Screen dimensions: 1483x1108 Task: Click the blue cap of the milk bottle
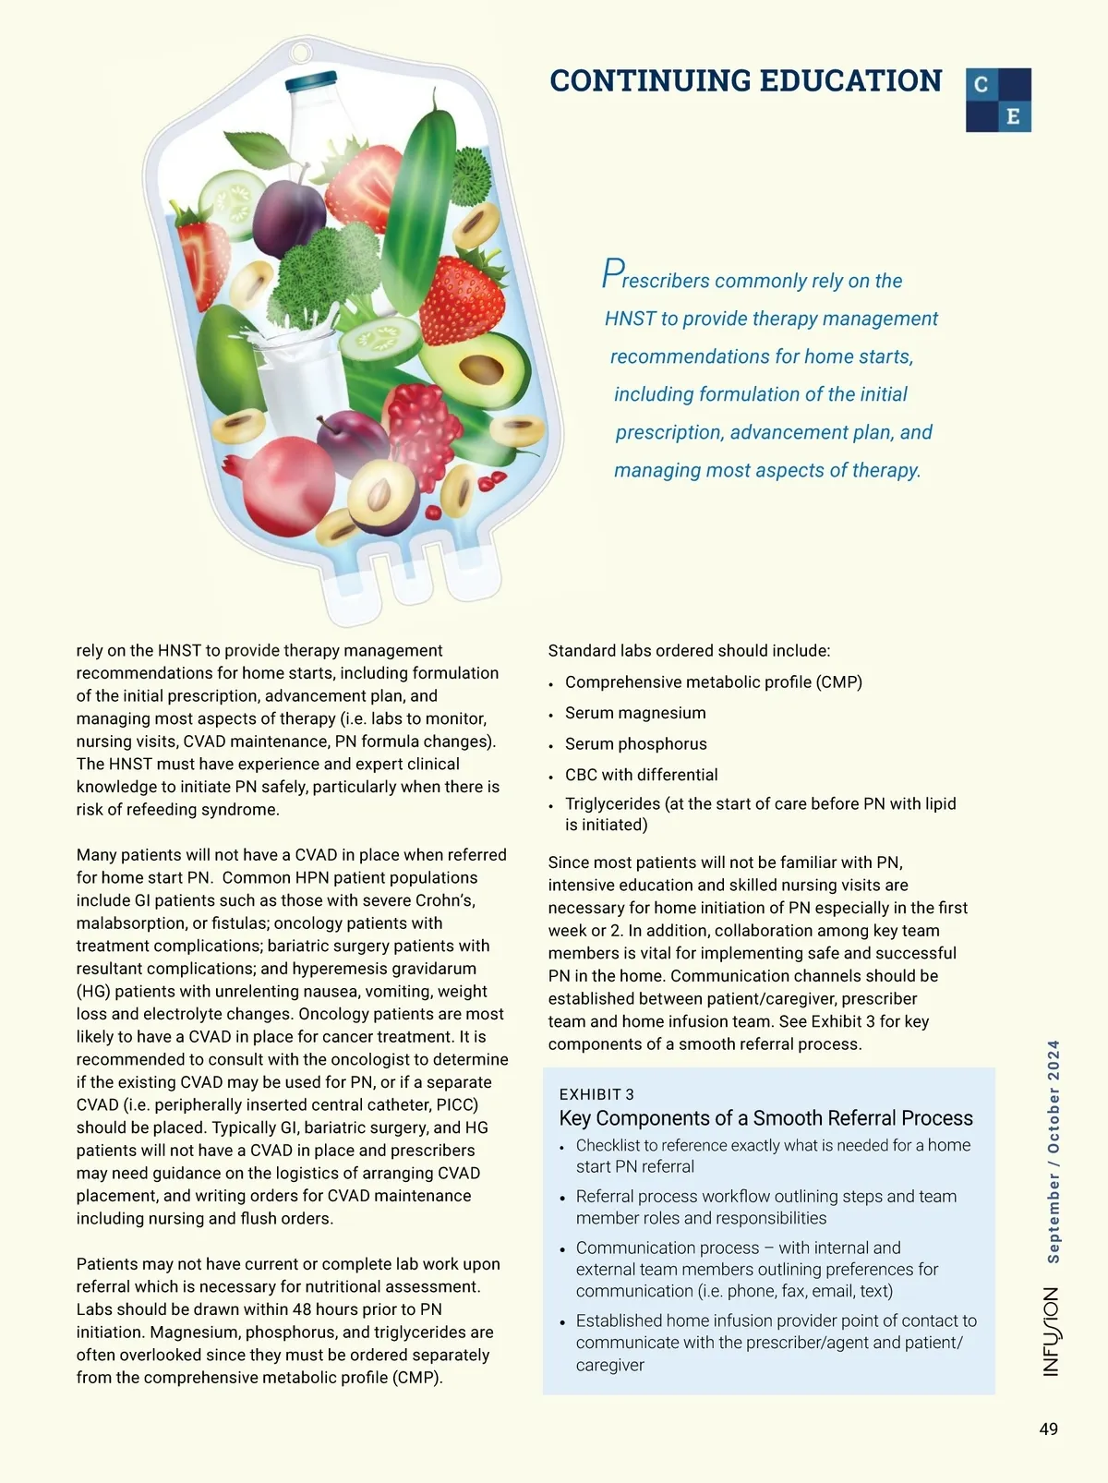311,83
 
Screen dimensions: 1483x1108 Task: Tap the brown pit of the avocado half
481,369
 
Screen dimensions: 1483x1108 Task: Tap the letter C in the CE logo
982,84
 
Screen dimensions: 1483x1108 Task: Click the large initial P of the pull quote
612,274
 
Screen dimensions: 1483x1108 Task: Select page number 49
1048,1429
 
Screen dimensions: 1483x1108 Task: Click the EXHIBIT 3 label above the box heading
596,1094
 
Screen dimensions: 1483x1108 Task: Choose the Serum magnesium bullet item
635,713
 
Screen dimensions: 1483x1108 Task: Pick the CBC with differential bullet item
641,775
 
